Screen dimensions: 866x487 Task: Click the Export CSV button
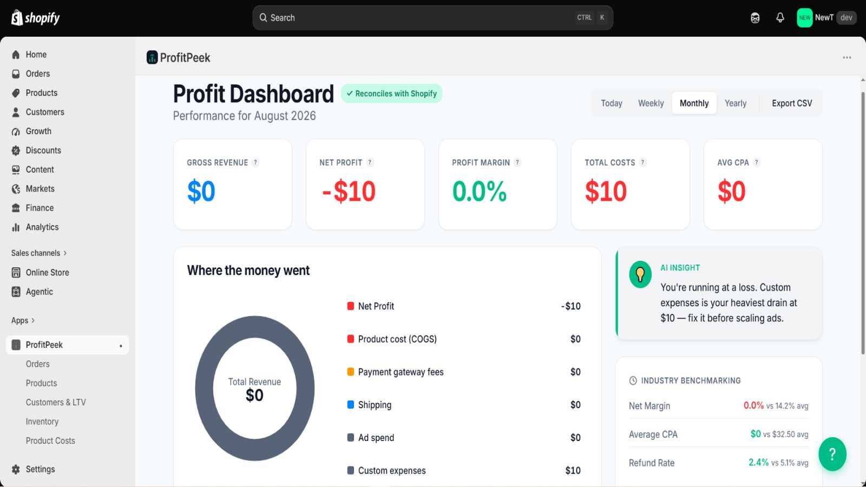tap(792, 103)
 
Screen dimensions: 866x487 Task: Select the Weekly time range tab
tap(651, 103)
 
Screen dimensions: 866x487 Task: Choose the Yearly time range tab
tap(736, 103)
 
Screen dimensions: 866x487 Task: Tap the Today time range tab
tap(611, 103)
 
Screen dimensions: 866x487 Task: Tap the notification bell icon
tap(780, 18)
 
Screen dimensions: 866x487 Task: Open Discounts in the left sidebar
tap(43, 150)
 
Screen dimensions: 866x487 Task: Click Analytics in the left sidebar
tap(42, 227)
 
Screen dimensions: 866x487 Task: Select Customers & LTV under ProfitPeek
tap(56, 403)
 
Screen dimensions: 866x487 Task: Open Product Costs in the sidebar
tap(50, 440)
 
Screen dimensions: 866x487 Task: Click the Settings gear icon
tap(16, 469)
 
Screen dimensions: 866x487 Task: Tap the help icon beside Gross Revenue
tap(255, 162)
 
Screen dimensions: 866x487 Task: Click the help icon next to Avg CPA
tap(756, 162)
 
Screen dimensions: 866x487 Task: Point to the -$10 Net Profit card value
tap(349, 191)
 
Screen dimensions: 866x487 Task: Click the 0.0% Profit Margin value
tap(480, 191)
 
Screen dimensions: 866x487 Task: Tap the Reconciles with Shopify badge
tap(392, 94)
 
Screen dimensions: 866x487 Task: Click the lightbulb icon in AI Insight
tap(640, 274)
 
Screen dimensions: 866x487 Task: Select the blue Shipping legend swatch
tap(351, 405)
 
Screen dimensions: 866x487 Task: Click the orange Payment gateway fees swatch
tap(351, 372)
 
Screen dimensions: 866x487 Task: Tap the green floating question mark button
tap(832, 454)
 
